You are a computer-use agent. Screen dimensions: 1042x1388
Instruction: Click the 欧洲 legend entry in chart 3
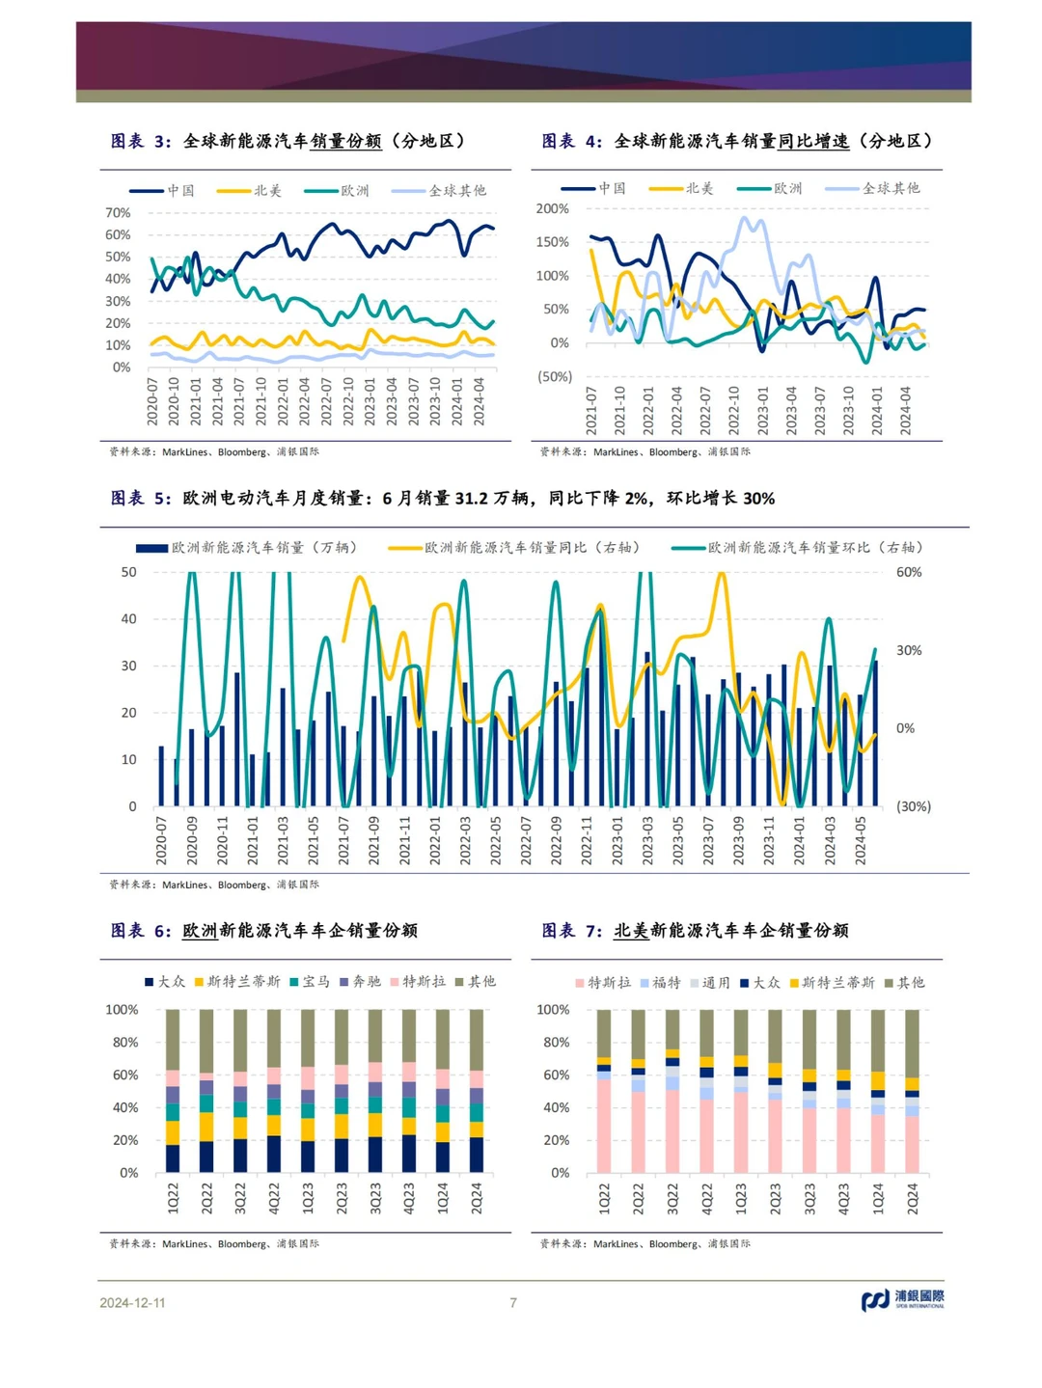point(337,190)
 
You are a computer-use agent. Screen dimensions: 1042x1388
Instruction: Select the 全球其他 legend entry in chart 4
point(872,188)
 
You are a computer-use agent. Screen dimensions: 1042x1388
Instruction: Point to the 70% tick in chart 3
point(118,212)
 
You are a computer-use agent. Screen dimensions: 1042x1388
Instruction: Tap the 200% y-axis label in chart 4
point(553,208)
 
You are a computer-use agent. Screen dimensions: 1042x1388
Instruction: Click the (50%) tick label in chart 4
point(555,376)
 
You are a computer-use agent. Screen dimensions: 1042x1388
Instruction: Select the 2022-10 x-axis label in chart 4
point(734,410)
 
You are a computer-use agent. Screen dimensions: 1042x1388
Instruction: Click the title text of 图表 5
point(443,499)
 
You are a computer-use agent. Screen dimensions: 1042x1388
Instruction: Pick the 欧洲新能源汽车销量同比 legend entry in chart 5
point(513,547)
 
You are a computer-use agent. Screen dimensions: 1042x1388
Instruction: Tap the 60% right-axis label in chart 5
point(909,572)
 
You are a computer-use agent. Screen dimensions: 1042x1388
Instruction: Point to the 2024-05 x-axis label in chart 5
point(861,840)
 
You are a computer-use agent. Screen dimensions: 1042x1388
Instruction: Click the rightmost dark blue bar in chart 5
point(876,733)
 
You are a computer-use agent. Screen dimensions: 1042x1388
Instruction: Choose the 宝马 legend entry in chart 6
point(310,981)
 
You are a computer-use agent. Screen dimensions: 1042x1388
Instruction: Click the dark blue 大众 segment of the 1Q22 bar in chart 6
point(173,1158)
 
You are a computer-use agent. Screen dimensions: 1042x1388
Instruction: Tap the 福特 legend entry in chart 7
point(661,982)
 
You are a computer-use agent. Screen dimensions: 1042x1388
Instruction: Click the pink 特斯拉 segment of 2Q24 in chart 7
point(913,1144)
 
